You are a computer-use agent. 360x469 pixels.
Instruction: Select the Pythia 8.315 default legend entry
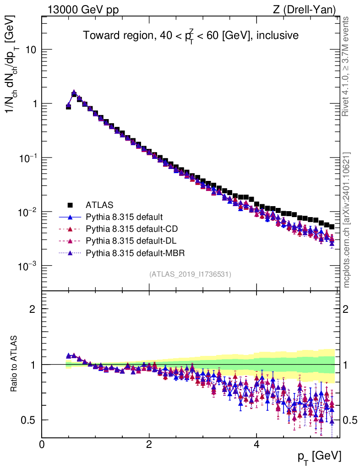[124, 217]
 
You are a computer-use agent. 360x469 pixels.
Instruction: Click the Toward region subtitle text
[190, 36]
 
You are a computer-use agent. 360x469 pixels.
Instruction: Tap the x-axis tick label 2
[149, 444]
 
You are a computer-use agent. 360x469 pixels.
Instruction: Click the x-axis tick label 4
[256, 444]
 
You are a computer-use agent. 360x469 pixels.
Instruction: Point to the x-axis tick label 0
[42, 444]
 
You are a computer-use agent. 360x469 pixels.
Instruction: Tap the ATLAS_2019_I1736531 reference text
[190, 274]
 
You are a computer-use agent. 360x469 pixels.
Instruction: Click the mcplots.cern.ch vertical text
[347, 220]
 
